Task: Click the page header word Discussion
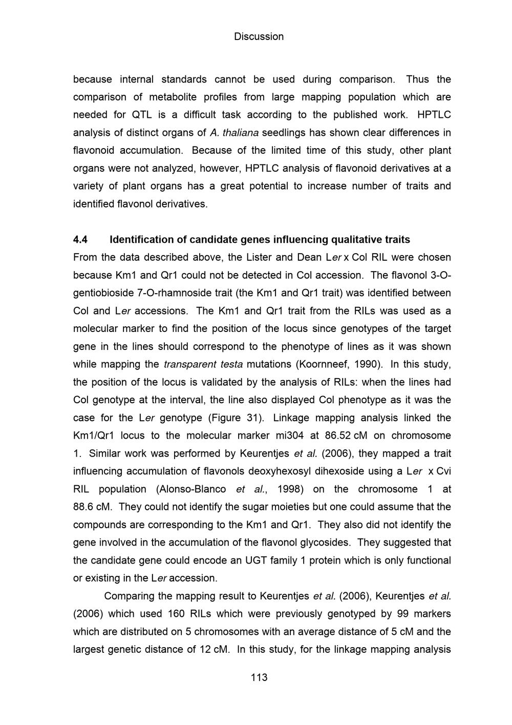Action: pos(259,37)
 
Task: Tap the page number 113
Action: pos(259,677)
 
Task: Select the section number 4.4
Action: pos(80,240)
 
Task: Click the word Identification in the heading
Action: pos(141,240)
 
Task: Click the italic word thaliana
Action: pos(241,133)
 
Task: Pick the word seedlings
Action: pos(285,133)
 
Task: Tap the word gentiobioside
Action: pos(102,293)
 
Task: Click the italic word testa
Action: pos(231,364)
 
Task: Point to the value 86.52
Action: pos(338,436)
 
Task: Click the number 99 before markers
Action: pos(399,614)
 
